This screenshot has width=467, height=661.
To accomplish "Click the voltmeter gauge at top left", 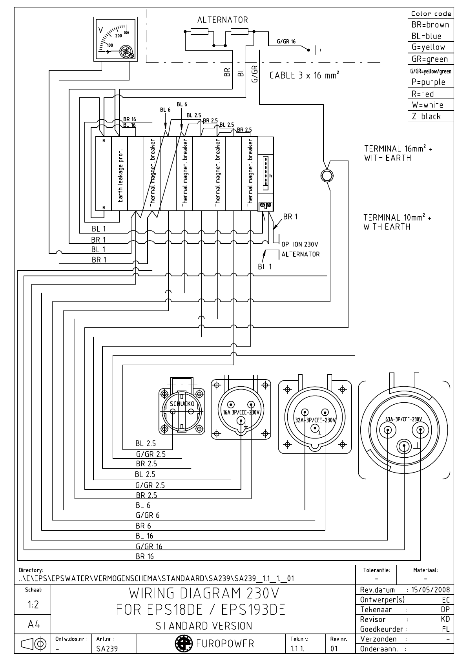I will [115, 39].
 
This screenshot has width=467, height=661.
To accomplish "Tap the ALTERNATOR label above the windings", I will [223, 20].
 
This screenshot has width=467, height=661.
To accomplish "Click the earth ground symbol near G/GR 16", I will [318, 49].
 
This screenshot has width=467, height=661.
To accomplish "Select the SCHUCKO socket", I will [182, 411].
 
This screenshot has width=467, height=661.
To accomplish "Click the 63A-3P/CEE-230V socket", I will [404, 430].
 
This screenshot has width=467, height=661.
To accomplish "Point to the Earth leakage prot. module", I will [120, 175].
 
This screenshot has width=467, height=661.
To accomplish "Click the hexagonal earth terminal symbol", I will [326, 175].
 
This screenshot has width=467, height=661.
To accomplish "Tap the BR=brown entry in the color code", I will [431, 25].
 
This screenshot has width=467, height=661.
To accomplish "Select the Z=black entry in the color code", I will [426, 117].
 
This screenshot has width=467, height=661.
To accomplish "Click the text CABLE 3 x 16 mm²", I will [304, 75].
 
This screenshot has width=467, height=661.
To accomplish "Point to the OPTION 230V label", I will [299, 244].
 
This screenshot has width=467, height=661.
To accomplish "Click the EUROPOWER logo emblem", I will [182, 643].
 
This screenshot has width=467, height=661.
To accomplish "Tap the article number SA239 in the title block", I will [107, 649].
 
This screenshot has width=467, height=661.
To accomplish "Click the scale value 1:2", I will [33, 604].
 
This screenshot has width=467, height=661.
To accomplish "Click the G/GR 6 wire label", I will [148, 515].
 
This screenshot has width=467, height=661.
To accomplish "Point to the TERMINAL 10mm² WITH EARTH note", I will [397, 222].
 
